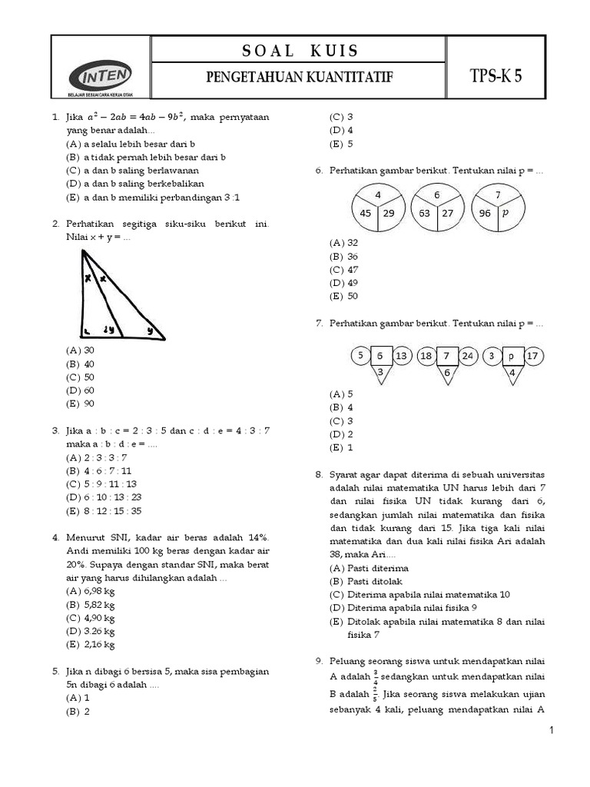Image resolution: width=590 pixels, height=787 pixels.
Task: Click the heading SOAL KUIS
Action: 300,51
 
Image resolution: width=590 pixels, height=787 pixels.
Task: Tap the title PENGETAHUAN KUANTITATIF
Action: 300,78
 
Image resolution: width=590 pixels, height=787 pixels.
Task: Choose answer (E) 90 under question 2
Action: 81,403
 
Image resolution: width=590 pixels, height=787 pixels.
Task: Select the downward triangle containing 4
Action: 512,374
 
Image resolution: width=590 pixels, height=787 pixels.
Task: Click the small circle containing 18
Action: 426,356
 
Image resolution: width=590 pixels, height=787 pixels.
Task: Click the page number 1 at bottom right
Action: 552,729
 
